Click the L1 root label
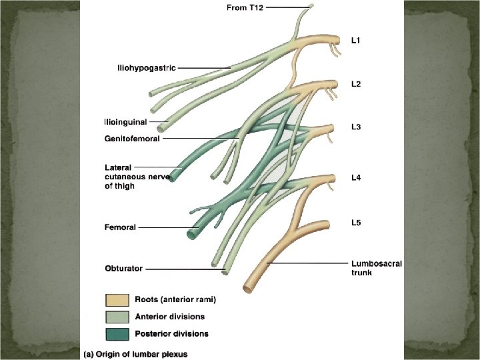tap(357, 41)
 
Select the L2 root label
tap(357, 85)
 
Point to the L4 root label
tap(357, 178)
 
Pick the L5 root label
tap(357, 223)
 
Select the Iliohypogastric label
tap(143, 67)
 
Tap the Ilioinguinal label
tap(125, 122)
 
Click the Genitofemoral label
tap(131, 139)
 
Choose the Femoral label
tap(120, 227)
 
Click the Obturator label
tap(123, 269)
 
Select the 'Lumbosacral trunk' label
tap(377, 268)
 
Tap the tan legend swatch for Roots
tap(116, 300)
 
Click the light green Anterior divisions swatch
tap(116, 317)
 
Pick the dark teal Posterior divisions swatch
tap(116, 333)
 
